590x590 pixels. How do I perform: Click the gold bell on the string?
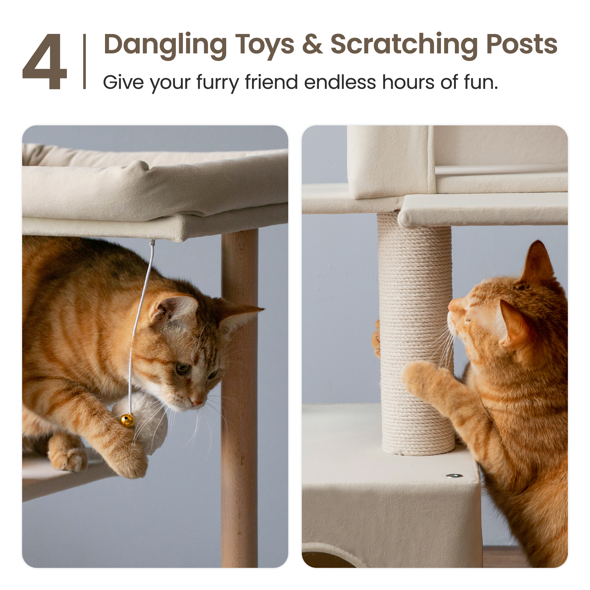pyautogui.click(x=127, y=421)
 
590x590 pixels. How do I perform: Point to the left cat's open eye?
pyautogui.click(x=183, y=368)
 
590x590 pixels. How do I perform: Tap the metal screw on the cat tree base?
pyautogui.click(x=454, y=476)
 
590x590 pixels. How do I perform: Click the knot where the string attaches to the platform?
pyautogui.click(x=152, y=243)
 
